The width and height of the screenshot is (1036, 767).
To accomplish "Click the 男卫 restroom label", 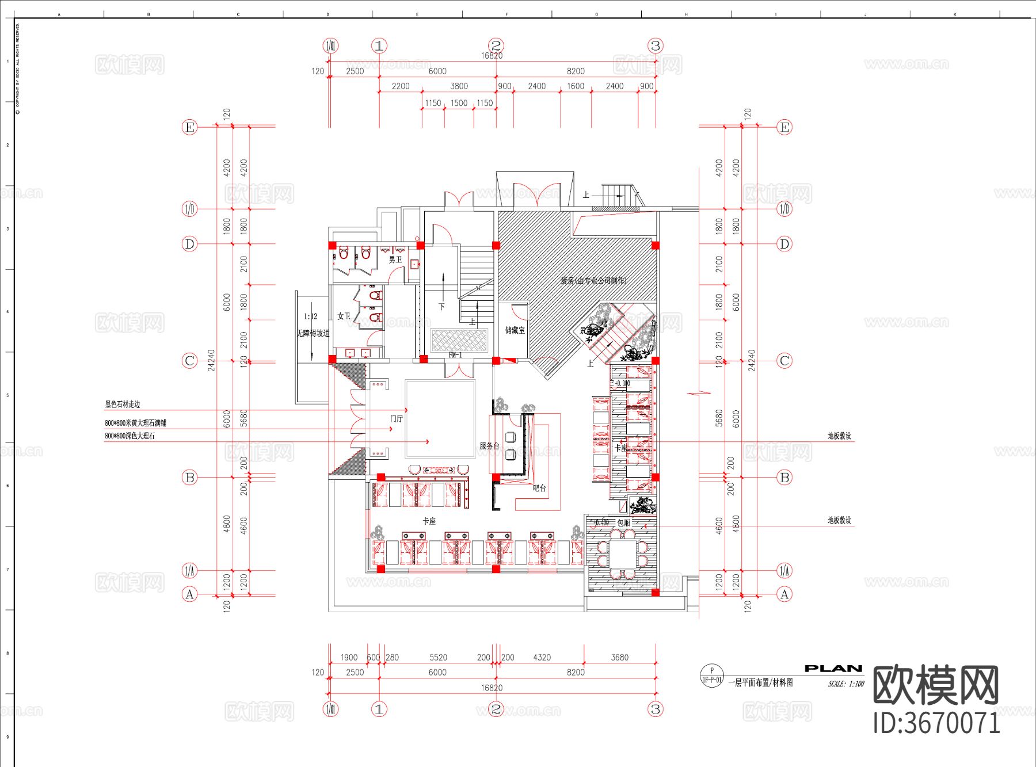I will (395, 260).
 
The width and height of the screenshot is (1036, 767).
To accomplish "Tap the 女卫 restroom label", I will (344, 316).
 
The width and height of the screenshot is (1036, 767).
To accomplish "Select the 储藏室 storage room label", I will (515, 330).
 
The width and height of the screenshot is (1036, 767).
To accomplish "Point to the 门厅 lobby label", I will (397, 419).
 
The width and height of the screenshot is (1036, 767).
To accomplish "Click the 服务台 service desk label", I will (489, 446).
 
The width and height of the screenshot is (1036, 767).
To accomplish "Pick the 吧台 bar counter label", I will (539, 488).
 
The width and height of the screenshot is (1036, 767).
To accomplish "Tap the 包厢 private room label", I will (623, 522).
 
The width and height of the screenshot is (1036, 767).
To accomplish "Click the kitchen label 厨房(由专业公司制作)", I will (593, 281).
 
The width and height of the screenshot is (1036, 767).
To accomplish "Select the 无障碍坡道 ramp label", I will (313, 333).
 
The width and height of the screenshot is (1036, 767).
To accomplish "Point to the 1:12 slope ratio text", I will (310, 316).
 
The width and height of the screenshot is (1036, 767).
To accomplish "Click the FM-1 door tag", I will (455, 355).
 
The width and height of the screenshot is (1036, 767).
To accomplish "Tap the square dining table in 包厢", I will (623, 553).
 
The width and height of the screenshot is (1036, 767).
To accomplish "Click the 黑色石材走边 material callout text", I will (122, 405).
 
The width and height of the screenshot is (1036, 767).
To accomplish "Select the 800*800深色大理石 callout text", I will (129, 436).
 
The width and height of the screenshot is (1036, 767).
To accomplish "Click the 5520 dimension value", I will (438, 657).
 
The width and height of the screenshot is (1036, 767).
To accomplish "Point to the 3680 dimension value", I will (619, 657).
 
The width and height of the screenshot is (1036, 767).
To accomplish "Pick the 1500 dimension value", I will (459, 103).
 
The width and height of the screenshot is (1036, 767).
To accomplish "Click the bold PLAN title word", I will (833, 669).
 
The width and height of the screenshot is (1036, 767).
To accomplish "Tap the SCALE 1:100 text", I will (846, 684).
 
